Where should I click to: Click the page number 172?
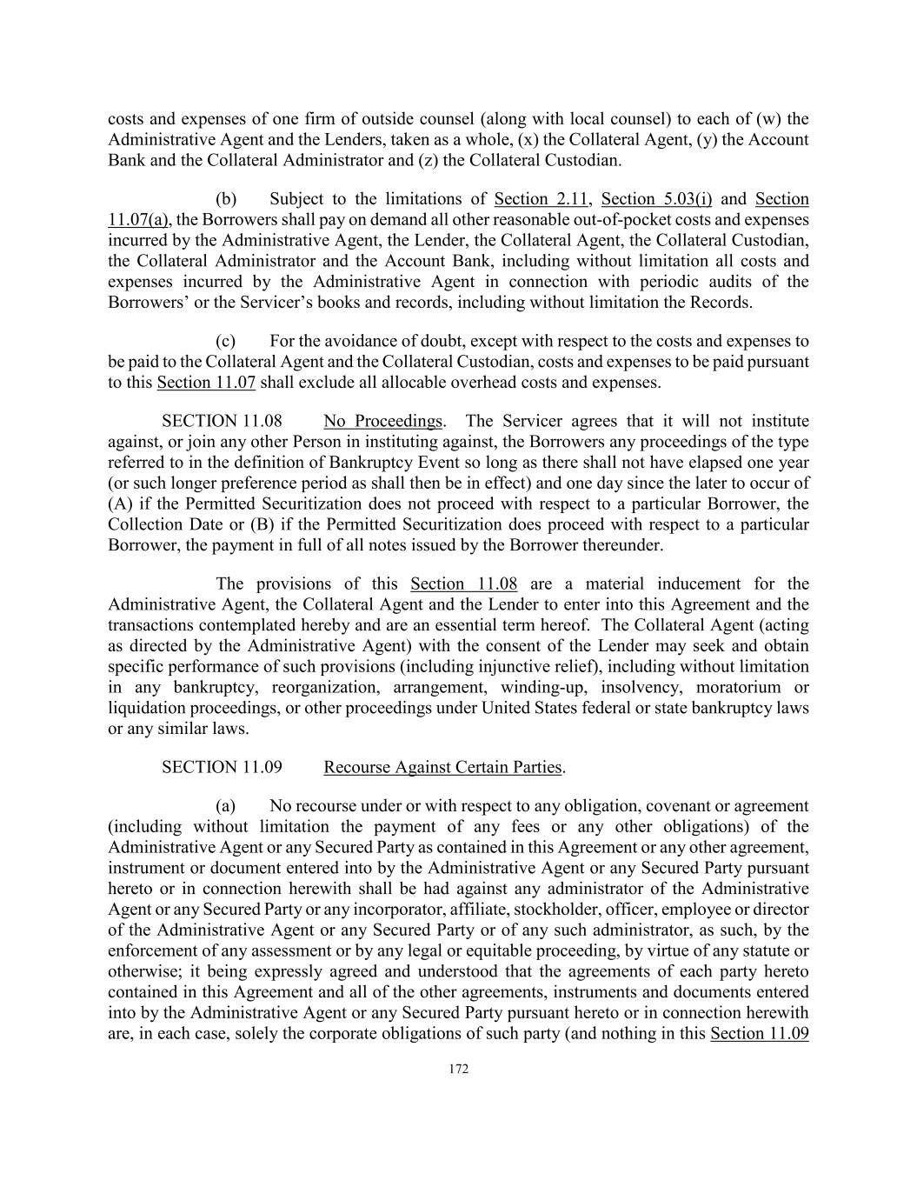458,1069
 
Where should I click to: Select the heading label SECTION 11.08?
222,421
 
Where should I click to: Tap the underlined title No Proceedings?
382,421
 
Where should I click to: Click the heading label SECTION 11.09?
222,767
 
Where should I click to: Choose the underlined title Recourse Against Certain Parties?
442,767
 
